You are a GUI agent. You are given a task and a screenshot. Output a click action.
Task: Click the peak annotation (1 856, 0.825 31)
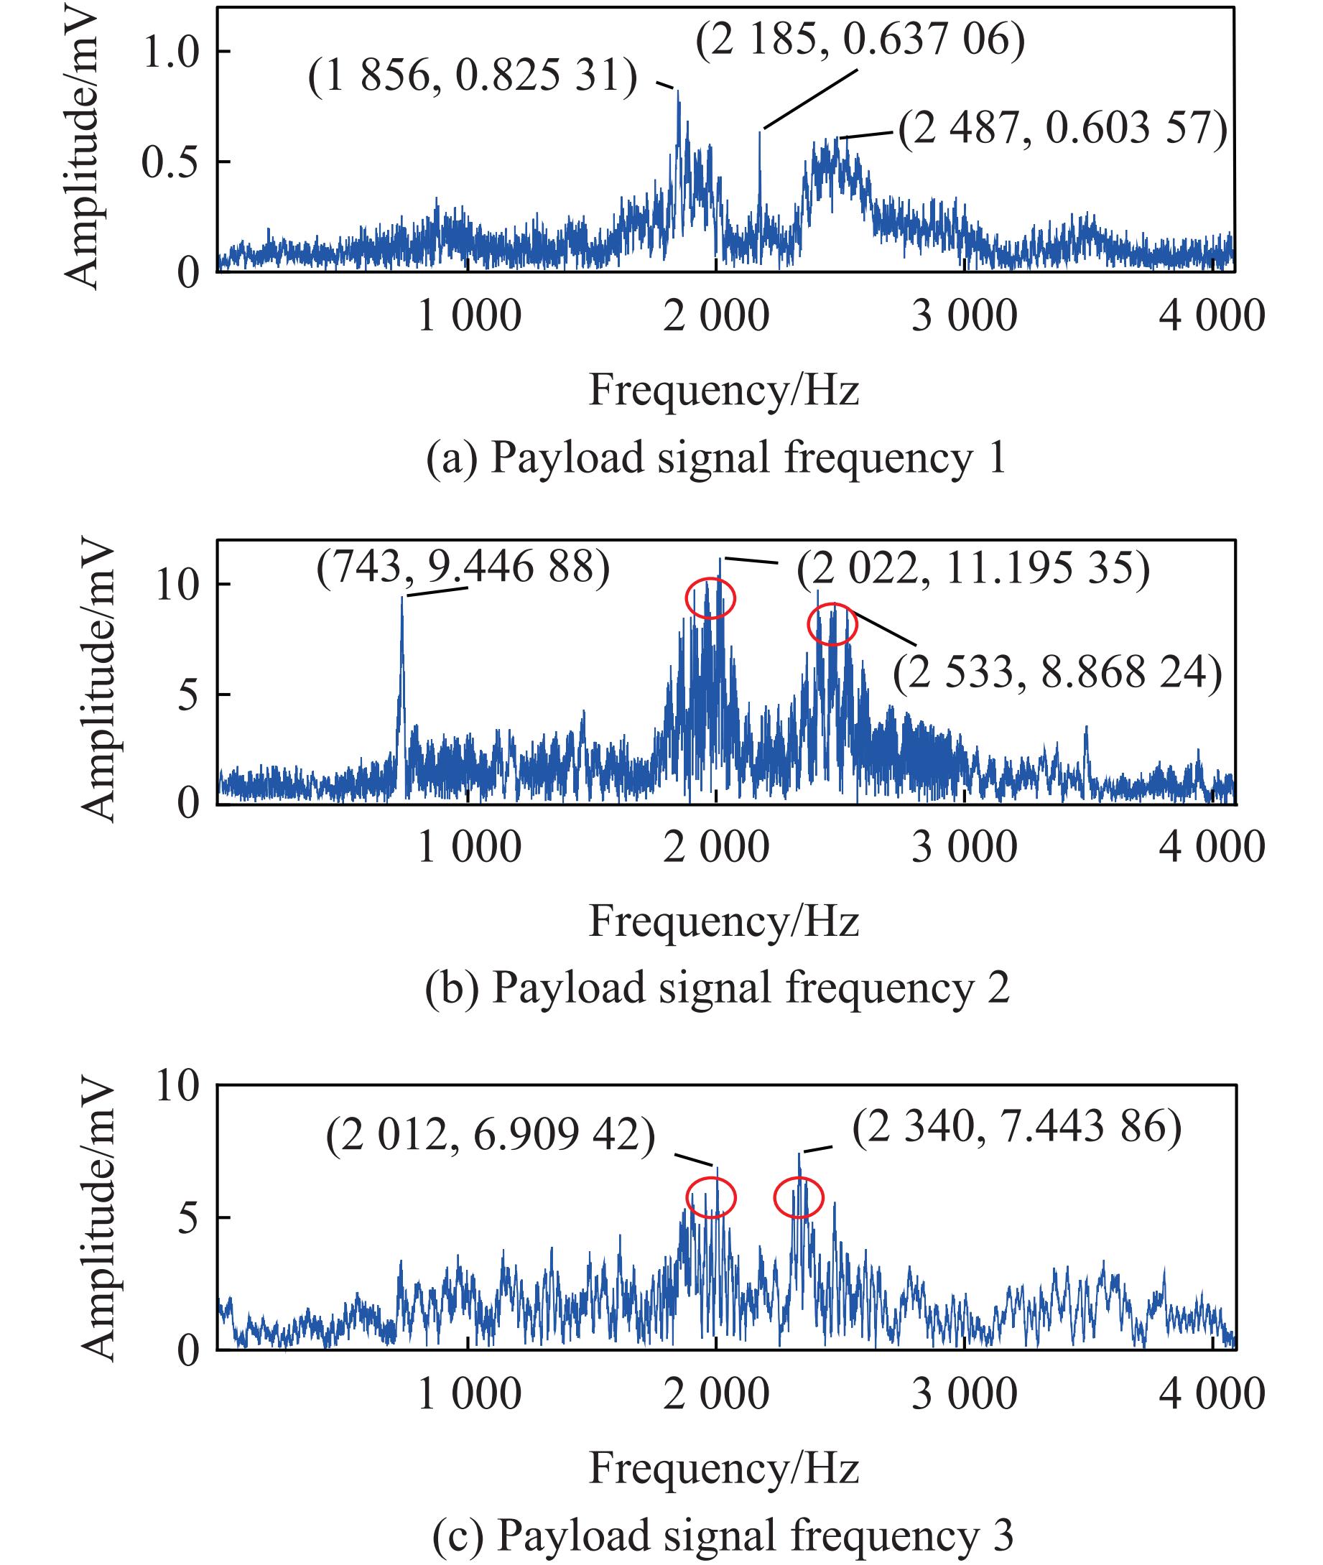click(x=473, y=76)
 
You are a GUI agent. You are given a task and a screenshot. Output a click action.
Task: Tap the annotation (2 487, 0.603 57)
click(x=1063, y=129)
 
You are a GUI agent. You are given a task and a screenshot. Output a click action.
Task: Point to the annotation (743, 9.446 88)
click(x=463, y=567)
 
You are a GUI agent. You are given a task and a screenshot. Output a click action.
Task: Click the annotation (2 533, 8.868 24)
click(x=1057, y=673)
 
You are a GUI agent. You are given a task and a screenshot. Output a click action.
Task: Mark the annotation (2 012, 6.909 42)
click(x=491, y=1135)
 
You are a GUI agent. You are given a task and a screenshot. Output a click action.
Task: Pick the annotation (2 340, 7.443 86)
click(x=1017, y=1127)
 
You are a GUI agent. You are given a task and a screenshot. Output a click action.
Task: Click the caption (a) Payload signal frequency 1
click(x=715, y=458)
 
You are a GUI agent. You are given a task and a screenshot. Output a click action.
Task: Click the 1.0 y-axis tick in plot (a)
click(x=171, y=52)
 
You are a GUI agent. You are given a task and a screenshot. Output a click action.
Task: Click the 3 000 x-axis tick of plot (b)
click(x=964, y=847)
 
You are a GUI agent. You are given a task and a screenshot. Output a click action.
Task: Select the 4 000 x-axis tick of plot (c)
click(x=1212, y=1393)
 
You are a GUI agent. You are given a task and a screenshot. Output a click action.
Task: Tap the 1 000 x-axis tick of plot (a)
click(x=469, y=315)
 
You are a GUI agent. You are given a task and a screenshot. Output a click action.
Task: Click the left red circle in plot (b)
click(x=710, y=598)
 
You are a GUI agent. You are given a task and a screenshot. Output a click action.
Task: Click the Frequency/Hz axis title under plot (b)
click(x=723, y=921)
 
